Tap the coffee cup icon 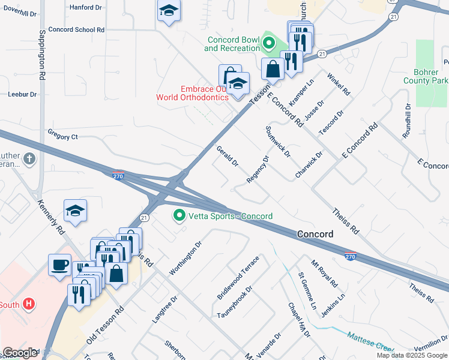pos(60,265)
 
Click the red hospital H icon pos(28,304)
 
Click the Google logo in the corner pos(20,353)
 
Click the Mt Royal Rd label pos(325,274)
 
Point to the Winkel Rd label pos(339,85)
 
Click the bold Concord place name pos(315,234)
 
